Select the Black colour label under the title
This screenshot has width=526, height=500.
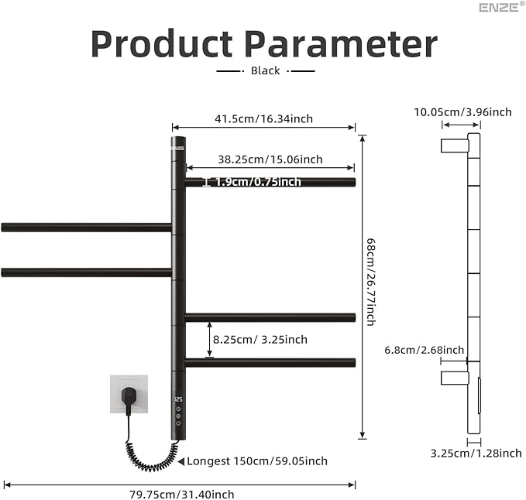265,70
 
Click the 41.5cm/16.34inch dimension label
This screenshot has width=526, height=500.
263,118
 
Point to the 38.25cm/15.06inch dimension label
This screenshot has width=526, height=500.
270,159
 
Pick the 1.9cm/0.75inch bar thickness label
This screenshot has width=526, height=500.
258,182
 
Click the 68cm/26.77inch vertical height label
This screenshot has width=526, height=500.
370,281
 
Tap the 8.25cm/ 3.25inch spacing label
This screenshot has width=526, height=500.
260,339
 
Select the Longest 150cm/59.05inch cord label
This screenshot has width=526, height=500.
256,461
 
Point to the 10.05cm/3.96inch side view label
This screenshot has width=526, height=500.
462,111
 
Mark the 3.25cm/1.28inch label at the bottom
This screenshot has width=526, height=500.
476,453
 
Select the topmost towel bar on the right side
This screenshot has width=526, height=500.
270,183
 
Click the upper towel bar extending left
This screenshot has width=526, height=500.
86,228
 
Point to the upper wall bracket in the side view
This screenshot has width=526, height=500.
454,146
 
